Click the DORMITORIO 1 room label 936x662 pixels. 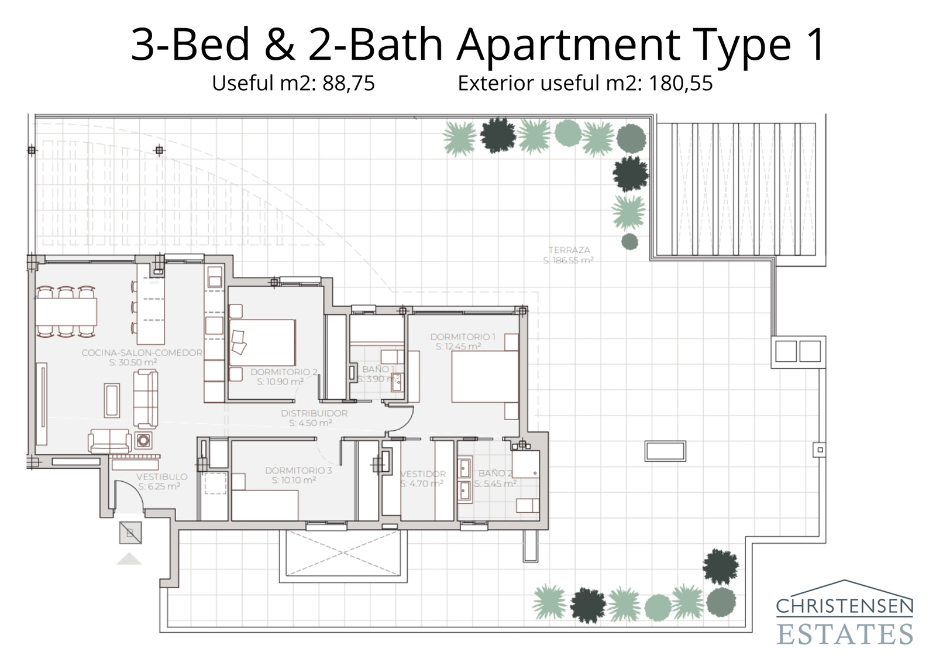click(463, 337)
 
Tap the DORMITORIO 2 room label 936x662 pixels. click(284, 372)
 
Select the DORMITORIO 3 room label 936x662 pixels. click(298, 470)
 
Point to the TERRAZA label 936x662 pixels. click(569, 250)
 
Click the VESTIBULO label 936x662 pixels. click(161, 476)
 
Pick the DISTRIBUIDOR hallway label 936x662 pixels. click(314, 413)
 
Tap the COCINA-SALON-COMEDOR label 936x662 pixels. click(142, 352)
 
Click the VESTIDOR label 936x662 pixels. click(422, 474)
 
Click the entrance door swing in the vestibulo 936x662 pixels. click(129, 495)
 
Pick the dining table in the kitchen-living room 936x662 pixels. click(66, 311)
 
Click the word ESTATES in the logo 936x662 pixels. click(844, 634)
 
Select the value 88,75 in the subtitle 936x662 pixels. click(348, 84)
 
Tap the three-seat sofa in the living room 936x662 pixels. click(145, 399)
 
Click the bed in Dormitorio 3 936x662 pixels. click(265, 505)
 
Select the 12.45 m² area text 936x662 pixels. click(458, 347)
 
